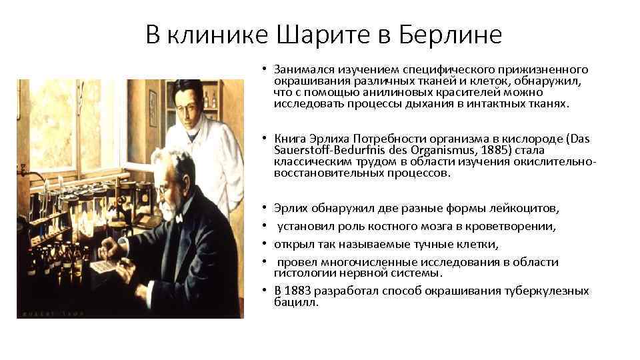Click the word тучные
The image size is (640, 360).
coord(415,244)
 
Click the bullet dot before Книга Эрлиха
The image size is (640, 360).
coord(265,139)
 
